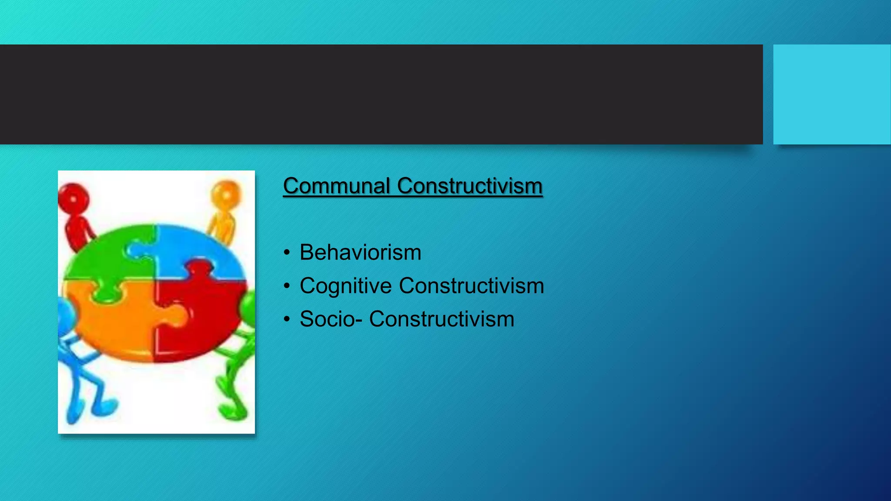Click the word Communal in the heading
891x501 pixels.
[337, 186]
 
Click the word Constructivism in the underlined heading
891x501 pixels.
[469, 186]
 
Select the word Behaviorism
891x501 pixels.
[360, 252]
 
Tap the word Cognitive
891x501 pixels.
[345, 286]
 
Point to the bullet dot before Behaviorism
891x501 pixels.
[286, 253]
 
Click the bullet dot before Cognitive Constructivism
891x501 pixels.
[286, 286]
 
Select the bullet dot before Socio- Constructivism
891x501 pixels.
[286, 319]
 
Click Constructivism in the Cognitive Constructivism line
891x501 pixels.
[471, 286]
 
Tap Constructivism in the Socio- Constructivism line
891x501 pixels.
[442, 319]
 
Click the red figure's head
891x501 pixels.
[74, 198]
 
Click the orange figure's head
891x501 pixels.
[226, 194]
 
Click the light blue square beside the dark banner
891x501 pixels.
[831, 94]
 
